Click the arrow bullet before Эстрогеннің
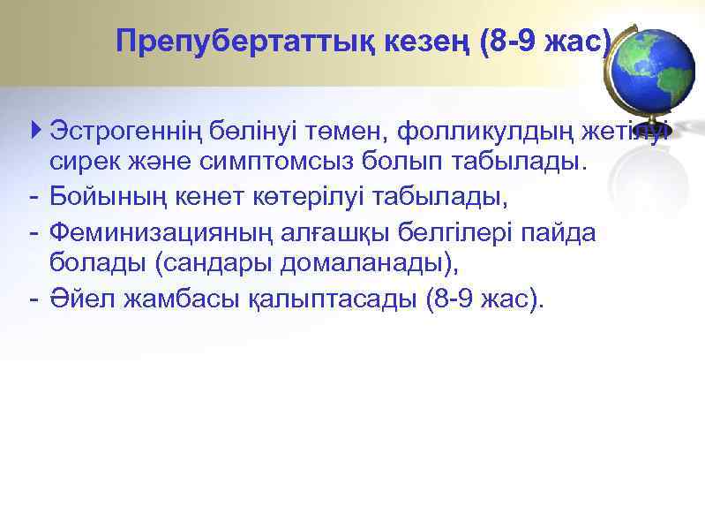[34, 132]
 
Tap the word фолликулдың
[484, 132]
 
